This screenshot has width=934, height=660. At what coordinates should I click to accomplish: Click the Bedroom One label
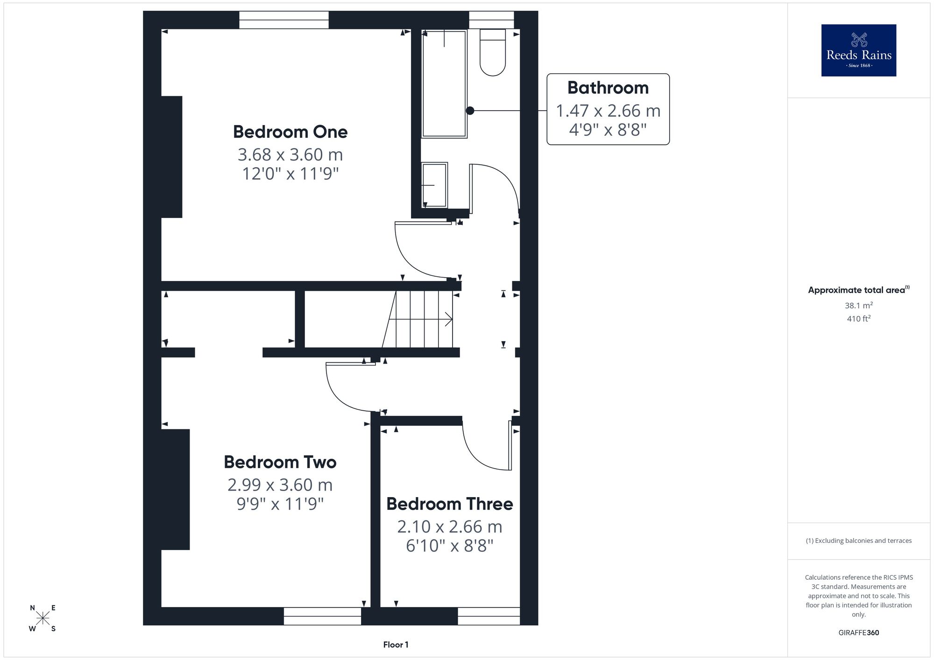(290, 132)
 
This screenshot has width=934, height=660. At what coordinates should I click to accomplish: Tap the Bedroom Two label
(280, 462)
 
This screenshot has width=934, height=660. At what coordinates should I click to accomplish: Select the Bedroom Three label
(449, 504)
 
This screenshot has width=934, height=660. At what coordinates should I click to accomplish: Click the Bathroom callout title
(608, 88)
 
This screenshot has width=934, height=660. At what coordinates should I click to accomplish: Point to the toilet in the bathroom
(493, 52)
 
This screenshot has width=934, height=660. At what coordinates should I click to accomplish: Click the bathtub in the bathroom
(444, 84)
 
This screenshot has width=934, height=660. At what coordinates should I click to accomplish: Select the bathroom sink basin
(434, 185)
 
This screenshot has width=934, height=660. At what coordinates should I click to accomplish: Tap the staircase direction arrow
(420, 319)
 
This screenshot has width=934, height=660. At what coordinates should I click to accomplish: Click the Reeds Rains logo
(859, 50)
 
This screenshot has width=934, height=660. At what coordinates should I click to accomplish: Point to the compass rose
(42, 618)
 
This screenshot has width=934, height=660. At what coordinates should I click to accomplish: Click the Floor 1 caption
(396, 645)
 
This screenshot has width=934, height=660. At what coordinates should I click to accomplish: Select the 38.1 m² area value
(859, 305)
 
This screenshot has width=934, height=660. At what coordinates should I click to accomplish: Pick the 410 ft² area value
(859, 319)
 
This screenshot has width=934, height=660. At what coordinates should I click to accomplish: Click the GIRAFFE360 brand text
(859, 633)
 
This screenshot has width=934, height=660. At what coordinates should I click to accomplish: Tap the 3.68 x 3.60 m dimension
(290, 154)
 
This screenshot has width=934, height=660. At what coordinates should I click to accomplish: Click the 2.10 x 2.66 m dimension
(449, 527)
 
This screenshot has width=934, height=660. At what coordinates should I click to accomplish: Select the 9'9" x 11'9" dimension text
(280, 504)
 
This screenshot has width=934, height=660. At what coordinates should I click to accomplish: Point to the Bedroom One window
(284, 20)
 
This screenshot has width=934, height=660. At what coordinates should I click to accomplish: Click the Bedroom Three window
(488, 616)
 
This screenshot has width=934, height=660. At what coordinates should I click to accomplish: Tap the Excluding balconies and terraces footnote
(859, 541)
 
